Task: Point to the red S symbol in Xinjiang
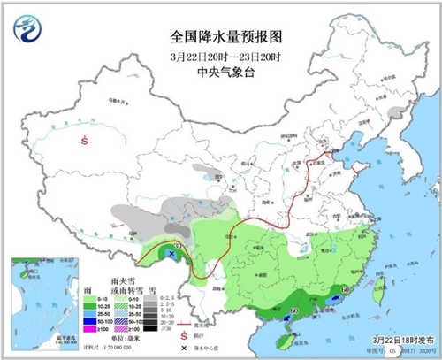(x=84, y=141)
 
